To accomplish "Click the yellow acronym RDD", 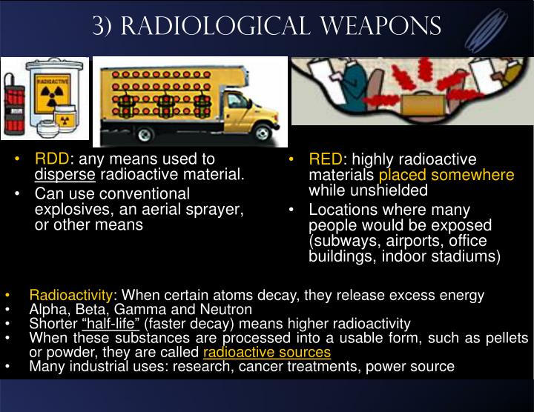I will tap(52, 159).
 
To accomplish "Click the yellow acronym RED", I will tap(325, 159).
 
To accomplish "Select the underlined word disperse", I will tap(65, 175).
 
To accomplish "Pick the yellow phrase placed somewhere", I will tap(446, 175).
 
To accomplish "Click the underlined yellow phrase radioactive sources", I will tap(266, 352).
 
